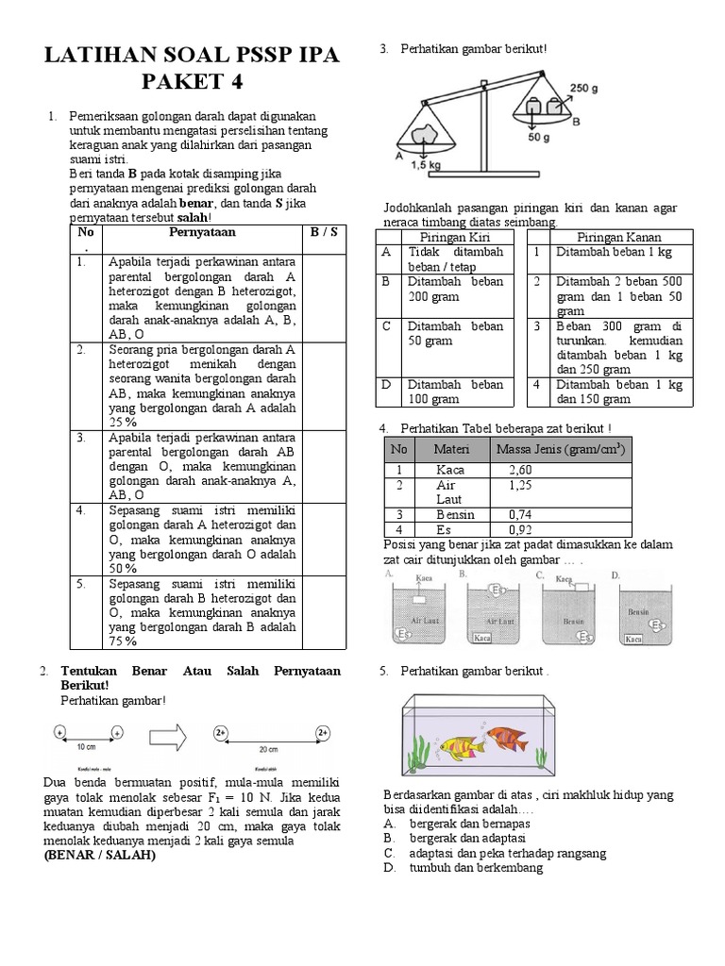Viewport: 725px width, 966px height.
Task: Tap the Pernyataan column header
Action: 202,231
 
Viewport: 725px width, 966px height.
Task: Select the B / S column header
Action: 324,231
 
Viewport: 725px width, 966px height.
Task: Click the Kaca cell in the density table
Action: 450,469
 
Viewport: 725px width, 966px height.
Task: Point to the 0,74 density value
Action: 520,514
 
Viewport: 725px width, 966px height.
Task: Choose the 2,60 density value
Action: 520,469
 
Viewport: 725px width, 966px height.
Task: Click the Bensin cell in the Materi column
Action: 455,514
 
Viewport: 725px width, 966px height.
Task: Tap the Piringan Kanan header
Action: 618,237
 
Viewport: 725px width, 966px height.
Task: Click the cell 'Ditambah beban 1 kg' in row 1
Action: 615,253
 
